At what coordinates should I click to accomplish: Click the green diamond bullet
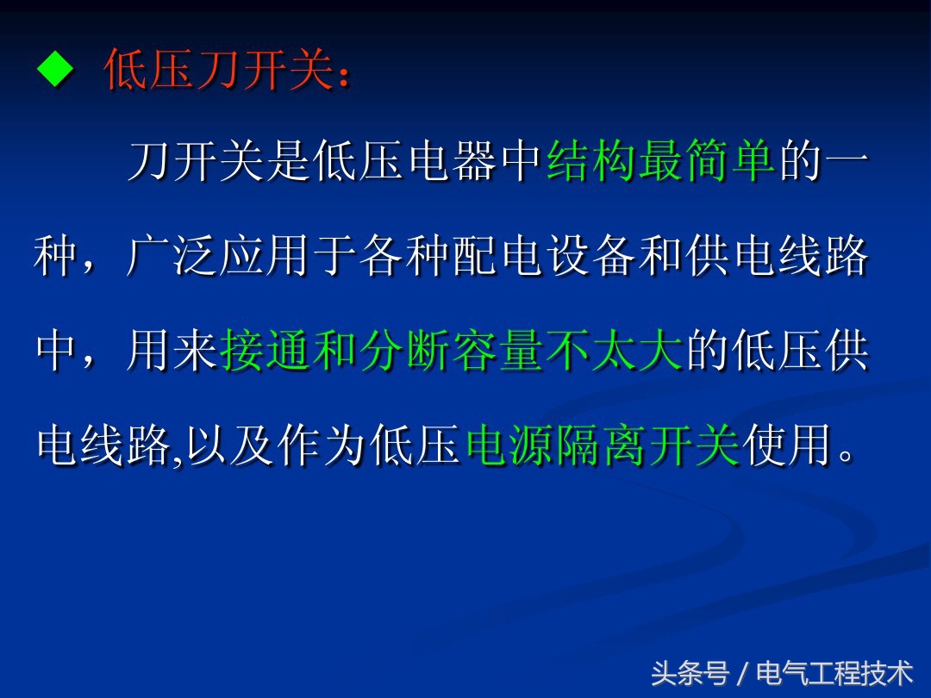57,70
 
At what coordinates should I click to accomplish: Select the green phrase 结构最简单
661,162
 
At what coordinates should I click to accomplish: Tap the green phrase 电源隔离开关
603,446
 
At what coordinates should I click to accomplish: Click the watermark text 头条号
690,673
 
